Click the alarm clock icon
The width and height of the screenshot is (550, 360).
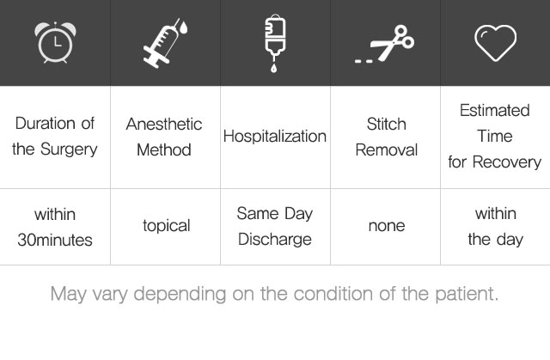[55, 42]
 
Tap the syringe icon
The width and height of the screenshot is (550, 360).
[165, 43]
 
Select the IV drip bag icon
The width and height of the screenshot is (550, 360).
[275, 43]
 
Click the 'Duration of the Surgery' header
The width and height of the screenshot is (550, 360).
[55, 137]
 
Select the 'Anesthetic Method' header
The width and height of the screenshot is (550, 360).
[164, 137]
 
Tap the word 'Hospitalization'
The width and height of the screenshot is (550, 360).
[275, 136]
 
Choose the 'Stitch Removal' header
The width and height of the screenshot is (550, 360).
[386, 137]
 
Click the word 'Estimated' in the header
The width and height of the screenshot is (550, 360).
[495, 111]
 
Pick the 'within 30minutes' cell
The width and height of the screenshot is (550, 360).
[55, 227]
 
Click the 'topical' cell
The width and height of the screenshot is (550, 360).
[167, 226]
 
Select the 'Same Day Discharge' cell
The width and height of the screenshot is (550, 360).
[275, 227]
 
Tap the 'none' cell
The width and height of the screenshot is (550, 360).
[387, 226]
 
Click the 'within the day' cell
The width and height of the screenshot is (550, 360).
[496, 227]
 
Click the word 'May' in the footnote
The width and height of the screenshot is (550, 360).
[69, 294]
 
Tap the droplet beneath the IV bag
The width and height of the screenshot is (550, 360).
[273, 68]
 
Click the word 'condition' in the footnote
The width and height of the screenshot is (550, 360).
[333, 293]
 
